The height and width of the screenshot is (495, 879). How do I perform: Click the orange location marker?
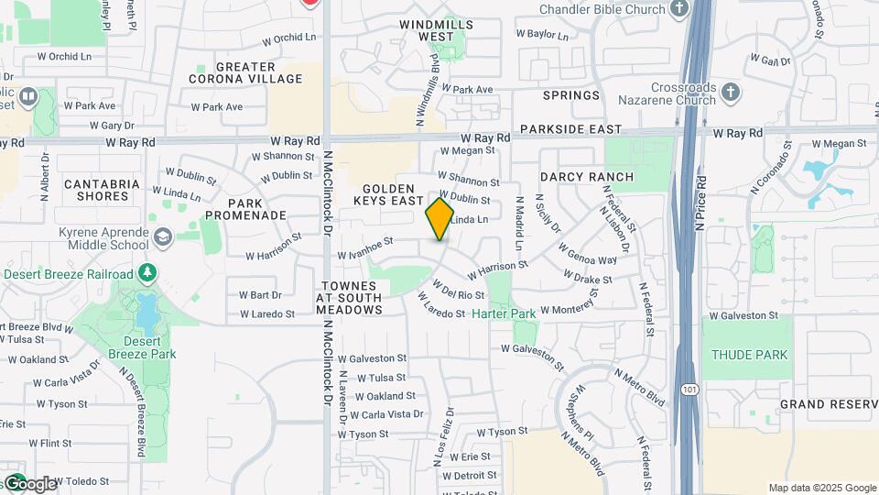coord(439,218)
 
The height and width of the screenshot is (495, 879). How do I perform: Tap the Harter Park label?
coord(504,313)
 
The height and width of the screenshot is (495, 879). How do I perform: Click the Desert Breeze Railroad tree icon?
coord(146,273)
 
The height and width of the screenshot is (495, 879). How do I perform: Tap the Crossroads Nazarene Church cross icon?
coord(730,93)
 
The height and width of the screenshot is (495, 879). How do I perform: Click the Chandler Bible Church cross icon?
coord(678,9)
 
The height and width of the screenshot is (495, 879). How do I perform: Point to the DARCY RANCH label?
coord(586,176)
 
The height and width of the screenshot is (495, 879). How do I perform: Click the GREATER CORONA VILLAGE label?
coord(244,72)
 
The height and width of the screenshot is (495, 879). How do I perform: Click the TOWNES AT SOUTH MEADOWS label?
coord(349,298)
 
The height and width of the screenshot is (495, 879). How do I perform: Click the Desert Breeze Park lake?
coord(146,312)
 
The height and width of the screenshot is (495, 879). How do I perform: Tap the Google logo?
coord(29,483)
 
